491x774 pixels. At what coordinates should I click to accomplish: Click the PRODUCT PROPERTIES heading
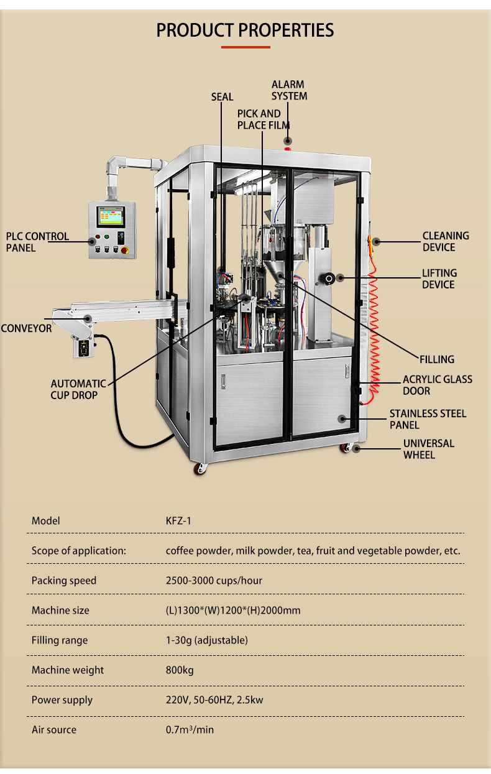245,30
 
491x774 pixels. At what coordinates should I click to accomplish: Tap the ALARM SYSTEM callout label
289,90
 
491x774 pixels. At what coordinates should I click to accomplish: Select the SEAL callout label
222,97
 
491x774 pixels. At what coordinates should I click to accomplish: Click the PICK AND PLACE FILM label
264,119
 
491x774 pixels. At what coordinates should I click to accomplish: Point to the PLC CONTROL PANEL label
38,242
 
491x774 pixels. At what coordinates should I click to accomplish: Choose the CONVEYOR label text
26,328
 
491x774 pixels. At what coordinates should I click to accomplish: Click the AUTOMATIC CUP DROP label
78,389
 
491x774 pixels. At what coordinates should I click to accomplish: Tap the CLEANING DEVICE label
446,241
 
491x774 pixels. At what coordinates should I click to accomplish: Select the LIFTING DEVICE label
439,279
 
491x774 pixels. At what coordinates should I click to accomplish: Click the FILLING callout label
437,359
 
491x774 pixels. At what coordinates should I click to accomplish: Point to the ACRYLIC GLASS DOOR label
438,385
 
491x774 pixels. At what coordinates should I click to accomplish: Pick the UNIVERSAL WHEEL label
429,449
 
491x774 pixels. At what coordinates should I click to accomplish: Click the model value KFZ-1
178,521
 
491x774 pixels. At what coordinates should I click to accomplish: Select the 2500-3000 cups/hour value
214,581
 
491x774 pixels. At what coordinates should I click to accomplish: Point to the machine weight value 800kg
180,670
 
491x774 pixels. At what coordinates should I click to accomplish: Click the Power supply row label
62,700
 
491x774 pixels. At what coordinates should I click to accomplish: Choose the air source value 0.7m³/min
190,730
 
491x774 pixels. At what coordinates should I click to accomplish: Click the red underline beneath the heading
245,47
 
